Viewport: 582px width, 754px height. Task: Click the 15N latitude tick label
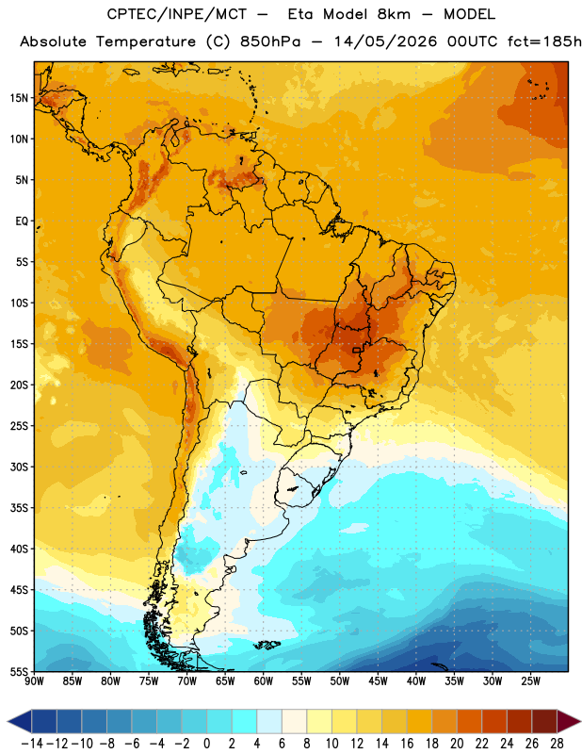(19, 98)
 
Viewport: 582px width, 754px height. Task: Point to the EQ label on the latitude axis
(22, 221)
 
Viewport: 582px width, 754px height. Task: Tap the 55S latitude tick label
(19, 671)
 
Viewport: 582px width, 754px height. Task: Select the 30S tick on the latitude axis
(19, 467)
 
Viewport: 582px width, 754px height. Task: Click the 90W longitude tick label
(34, 681)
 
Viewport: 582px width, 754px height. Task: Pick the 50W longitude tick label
(340, 681)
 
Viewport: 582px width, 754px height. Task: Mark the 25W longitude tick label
(530, 681)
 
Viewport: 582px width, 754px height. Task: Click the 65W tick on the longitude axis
(225, 681)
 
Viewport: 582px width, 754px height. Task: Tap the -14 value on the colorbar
(32, 744)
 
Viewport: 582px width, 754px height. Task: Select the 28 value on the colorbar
(557, 744)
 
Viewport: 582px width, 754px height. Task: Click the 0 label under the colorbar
(206, 744)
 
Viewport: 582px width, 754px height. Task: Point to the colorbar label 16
(407, 744)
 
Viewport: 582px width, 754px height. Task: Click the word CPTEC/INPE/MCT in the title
(176, 14)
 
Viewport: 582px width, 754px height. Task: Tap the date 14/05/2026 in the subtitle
(385, 41)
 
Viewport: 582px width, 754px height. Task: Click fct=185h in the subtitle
(544, 41)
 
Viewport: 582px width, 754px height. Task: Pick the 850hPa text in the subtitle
(270, 41)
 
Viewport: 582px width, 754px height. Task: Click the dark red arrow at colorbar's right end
(569, 721)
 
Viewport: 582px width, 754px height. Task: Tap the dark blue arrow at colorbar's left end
(20, 721)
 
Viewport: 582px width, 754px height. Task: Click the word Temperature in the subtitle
(146, 41)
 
